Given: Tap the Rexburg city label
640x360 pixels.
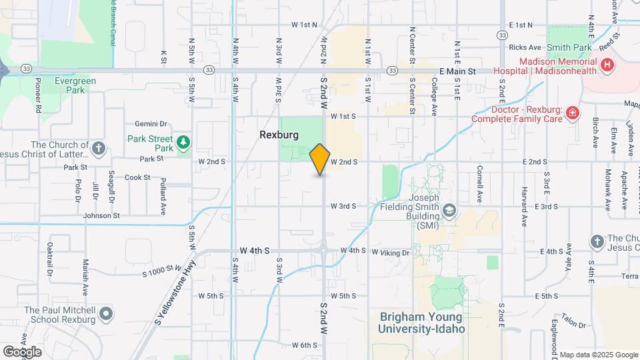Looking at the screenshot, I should click(279, 135).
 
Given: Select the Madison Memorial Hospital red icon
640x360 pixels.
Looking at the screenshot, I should click(607, 65).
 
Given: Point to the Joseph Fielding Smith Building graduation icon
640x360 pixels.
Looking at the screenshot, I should click(450, 211).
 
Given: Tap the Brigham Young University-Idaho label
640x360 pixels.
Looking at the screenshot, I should click(421, 323).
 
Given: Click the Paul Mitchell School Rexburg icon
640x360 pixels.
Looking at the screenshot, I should click(105, 313).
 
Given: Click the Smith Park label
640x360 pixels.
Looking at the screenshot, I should click(569, 48).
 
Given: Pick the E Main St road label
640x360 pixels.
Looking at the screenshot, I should click(457, 71).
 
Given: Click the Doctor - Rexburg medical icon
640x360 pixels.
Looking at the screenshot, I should click(571, 114).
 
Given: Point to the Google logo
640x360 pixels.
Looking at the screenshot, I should click(22, 351).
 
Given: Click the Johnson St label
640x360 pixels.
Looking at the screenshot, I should click(101, 215).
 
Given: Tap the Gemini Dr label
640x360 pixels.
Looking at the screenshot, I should click(150, 124).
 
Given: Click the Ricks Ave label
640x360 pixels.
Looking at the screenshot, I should click(525, 48).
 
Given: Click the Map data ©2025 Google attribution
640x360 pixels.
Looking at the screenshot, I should click(597, 355).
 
